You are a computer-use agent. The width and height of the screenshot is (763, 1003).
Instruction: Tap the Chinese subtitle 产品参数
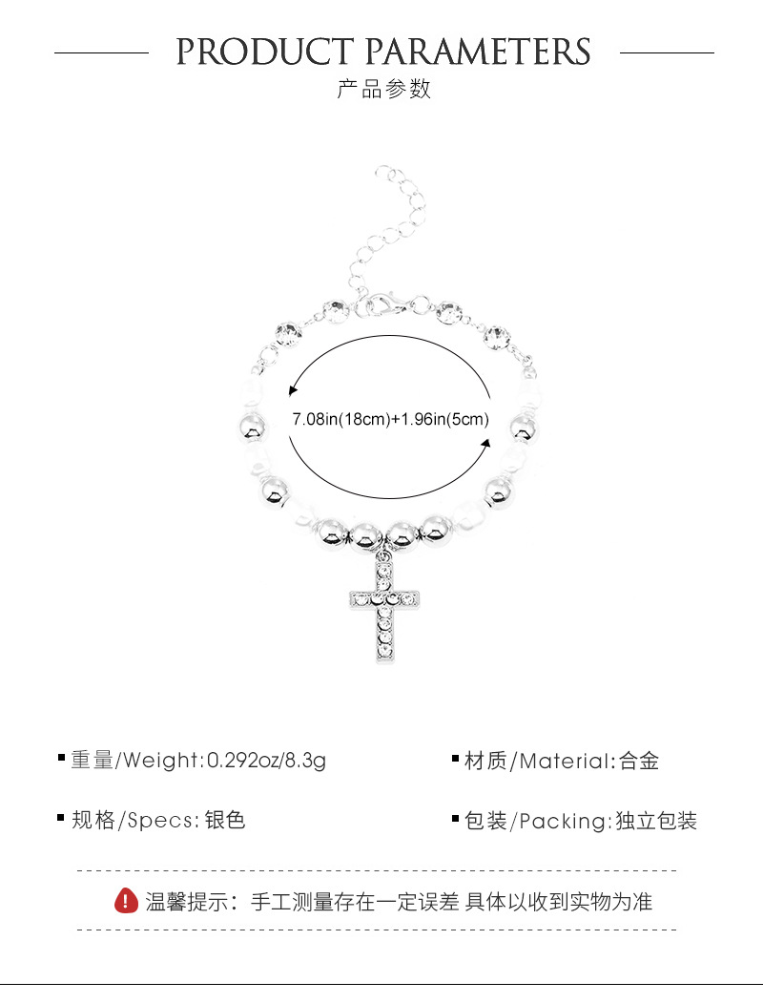(x=384, y=90)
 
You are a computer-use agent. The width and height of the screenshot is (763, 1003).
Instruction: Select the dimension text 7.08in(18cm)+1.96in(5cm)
(x=391, y=419)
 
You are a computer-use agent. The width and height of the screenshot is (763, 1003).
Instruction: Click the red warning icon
(x=126, y=900)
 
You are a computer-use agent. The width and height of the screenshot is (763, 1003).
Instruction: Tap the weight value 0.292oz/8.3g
(x=267, y=761)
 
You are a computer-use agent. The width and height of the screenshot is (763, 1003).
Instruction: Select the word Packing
(x=563, y=821)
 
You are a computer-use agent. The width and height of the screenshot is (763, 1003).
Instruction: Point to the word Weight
(x=161, y=761)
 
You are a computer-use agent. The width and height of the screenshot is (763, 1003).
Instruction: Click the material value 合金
(x=639, y=761)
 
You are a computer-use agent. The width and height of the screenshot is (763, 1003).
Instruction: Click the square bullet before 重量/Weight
(x=62, y=759)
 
